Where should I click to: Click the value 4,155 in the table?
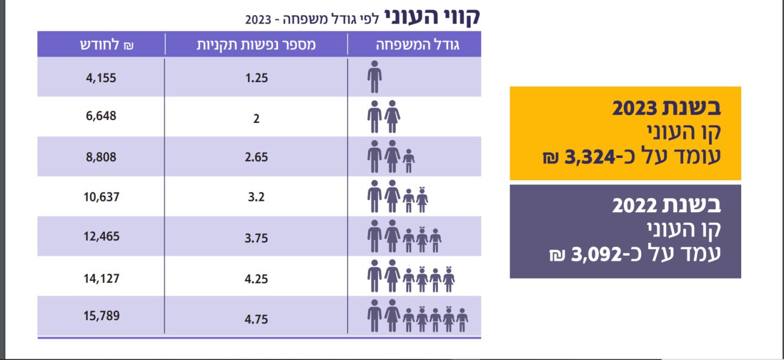pyautogui.click(x=100, y=78)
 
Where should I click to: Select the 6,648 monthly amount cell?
pyautogui.click(x=100, y=116)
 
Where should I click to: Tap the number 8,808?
pyautogui.click(x=100, y=157)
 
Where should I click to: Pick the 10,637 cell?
pyautogui.click(x=100, y=197)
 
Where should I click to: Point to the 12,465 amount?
pyautogui.click(x=101, y=236)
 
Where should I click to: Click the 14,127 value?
pyautogui.click(x=101, y=278)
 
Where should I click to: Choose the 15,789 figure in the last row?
pyautogui.click(x=101, y=315)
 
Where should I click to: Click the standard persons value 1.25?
pyautogui.click(x=256, y=78)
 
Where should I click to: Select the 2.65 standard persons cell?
pyautogui.click(x=256, y=157)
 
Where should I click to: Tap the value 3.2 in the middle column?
pyautogui.click(x=256, y=197)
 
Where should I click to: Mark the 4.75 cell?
pyautogui.click(x=256, y=319)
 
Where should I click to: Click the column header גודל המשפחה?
pyautogui.click(x=418, y=45)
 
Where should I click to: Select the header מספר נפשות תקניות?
pyautogui.click(x=256, y=45)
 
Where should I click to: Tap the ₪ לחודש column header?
pyautogui.click(x=102, y=45)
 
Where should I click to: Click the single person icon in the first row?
pyautogui.click(x=375, y=77)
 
